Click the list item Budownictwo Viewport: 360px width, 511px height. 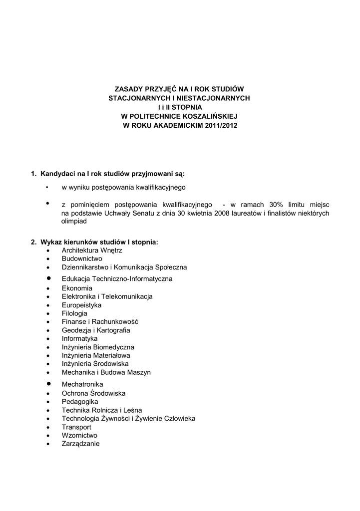pyautogui.click(x=82, y=258)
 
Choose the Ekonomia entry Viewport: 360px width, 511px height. pyautogui.click(x=77, y=288)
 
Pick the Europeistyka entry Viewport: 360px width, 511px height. pyautogui.click(x=81, y=305)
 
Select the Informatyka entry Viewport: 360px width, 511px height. pyautogui.click(x=79, y=338)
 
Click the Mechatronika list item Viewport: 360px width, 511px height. pyautogui.click(x=82, y=384)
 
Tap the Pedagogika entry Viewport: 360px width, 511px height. pyautogui.click(x=80, y=401)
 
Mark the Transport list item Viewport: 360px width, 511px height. pyautogui.click(x=76, y=427)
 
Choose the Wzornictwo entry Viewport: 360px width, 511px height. pyautogui.click(x=79, y=435)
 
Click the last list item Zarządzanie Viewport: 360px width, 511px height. pyautogui.click(x=80, y=444)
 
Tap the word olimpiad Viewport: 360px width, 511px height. pyautogui.click(x=74, y=221)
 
